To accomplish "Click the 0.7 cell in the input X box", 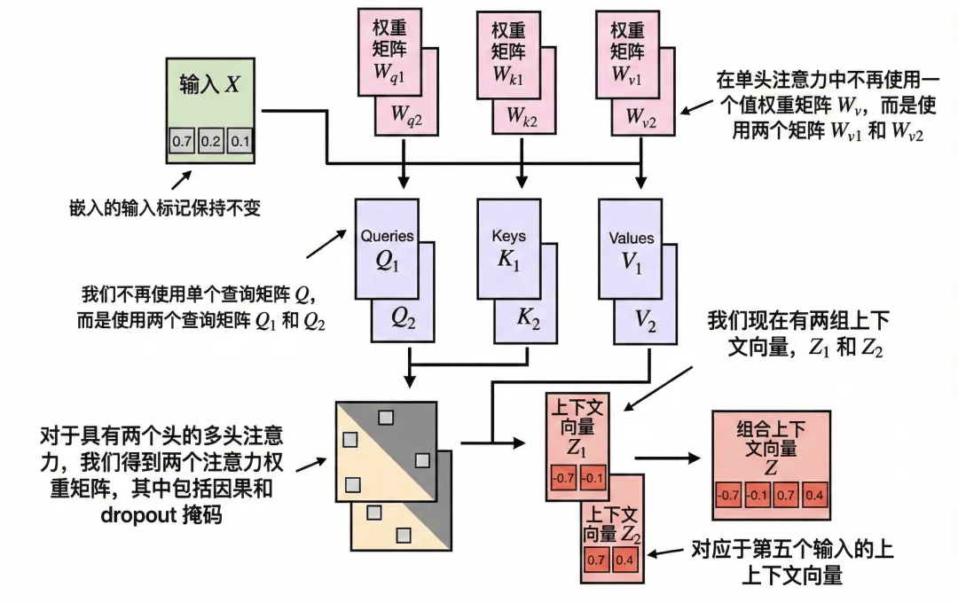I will (182, 141).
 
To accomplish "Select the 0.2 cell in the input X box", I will (211, 141).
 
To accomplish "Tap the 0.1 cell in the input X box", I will (240, 141).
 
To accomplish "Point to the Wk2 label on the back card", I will (524, 115).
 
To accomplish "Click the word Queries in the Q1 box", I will (387, 237).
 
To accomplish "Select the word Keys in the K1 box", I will (508, 237).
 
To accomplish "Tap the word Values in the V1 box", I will (631, 238).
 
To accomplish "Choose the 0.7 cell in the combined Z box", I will (786, 494).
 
